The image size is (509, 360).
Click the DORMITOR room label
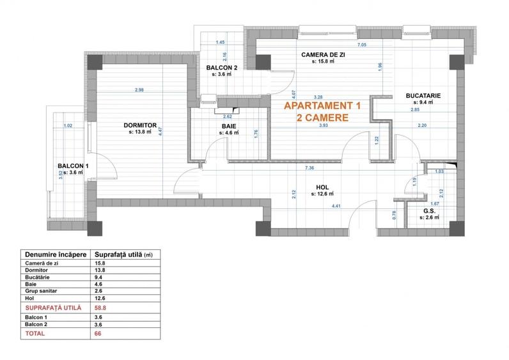click(140, 125)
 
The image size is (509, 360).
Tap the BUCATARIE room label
click(423, 95)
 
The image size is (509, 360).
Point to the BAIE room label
click(230, 127)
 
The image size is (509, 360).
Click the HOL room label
click(322, 188)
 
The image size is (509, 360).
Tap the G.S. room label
click(430, 210)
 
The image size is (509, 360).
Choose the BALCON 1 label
click(72, 166)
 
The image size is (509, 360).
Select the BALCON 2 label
click(221, 67)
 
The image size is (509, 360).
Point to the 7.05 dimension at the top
click(361, 45)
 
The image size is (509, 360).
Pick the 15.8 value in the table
click(100, 263)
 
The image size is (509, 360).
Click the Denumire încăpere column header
click(54, 253)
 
